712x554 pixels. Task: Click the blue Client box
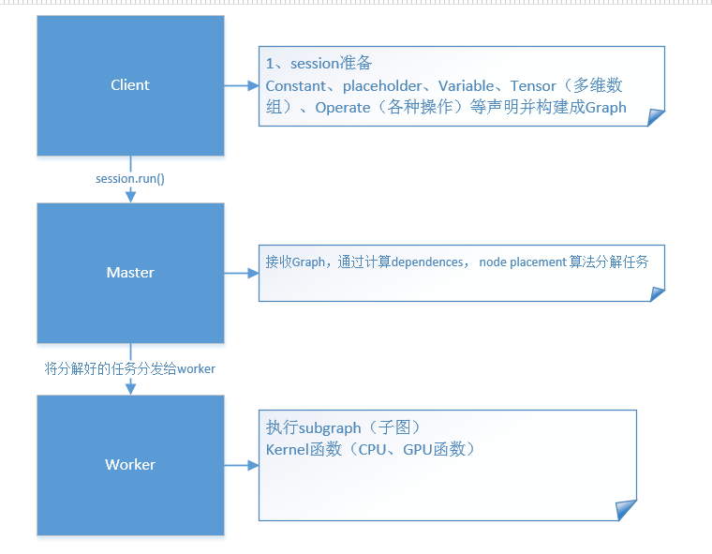[x=130, y=85]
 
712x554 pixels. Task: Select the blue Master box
[x=130, y=273]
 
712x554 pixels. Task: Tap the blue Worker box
[x=130, y=465]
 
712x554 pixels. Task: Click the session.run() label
[x=130, y=178]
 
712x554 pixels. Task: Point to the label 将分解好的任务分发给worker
[x=130, y=368]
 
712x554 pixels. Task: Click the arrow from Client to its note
[x=241, y=85]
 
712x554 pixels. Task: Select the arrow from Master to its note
[x=241, y=273]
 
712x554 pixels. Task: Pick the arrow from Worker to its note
[x=241, y=465]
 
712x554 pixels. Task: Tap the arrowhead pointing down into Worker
[x=130, y=388]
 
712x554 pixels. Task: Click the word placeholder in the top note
[x=382, y=86]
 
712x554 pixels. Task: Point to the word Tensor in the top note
[x=533, y=86]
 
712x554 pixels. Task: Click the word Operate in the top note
[x=343, y=108]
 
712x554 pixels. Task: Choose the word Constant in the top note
[x=297, y=86]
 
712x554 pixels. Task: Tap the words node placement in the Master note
[x=522, y=262]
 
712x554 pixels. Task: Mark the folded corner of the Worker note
[x=626, y=509]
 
